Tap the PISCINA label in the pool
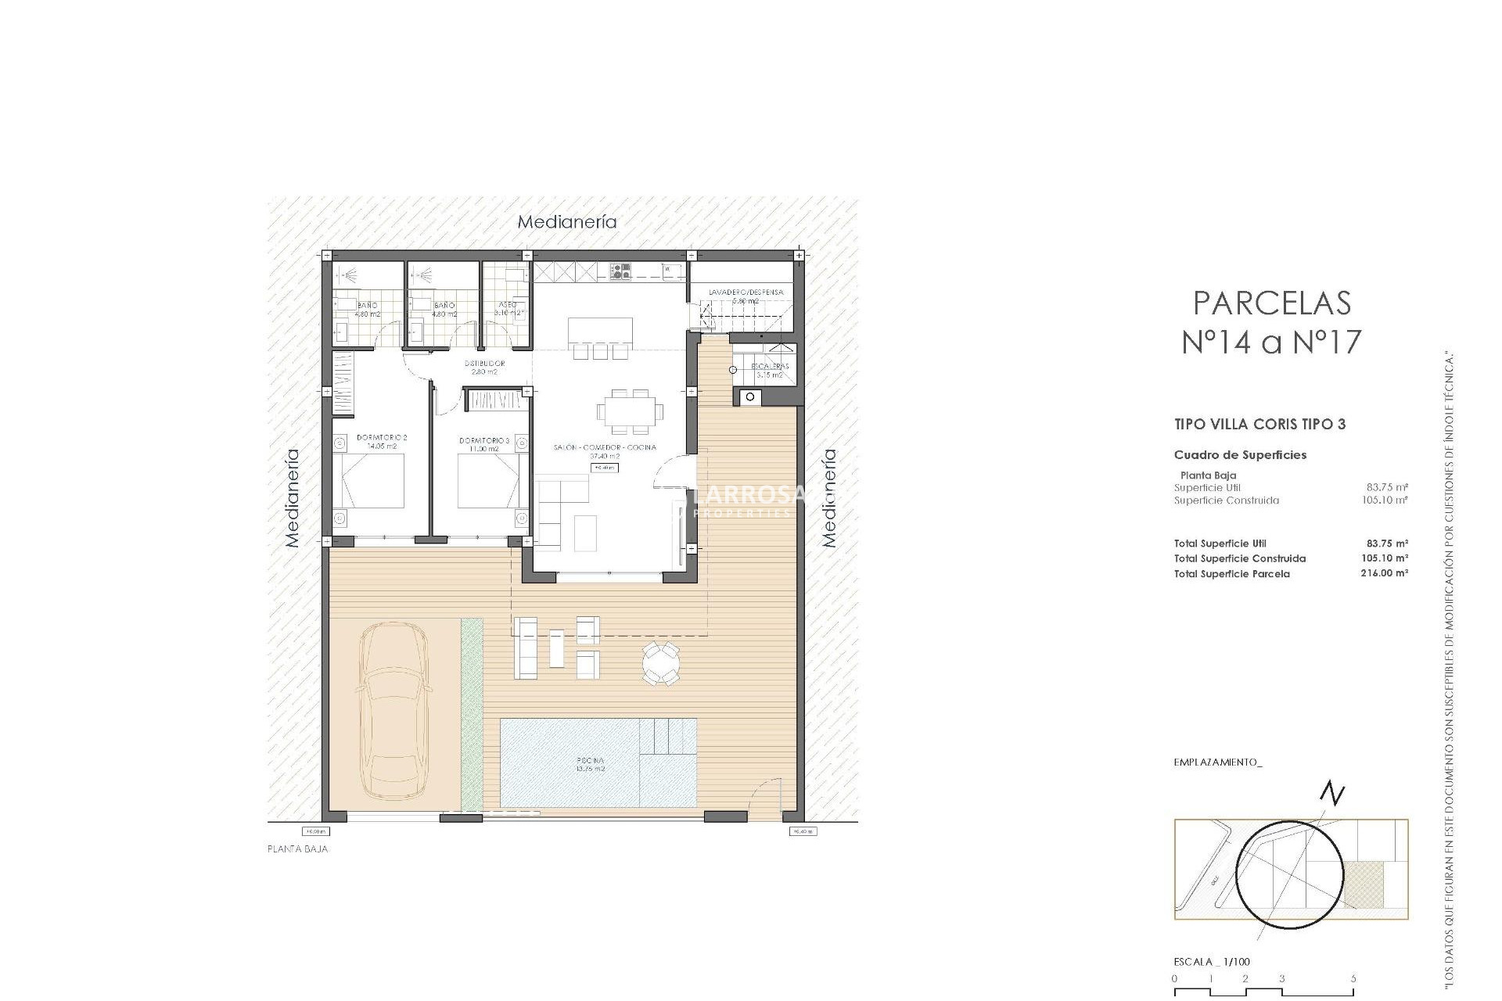point(591,760)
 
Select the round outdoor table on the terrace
point(661,664)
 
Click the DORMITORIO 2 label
point(382,438)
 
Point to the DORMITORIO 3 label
point(484,441)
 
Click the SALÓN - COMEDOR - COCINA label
point(605,447)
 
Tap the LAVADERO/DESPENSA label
point(746,292)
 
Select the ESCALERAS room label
point(770,366)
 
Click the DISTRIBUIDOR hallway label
point(484,364)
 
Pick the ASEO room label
point(507,305)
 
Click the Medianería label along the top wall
point(567,222)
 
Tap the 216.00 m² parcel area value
point(1384,573)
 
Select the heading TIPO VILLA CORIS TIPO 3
point(1259,425)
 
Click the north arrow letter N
point(1331,795)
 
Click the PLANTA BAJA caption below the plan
point(297,849)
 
